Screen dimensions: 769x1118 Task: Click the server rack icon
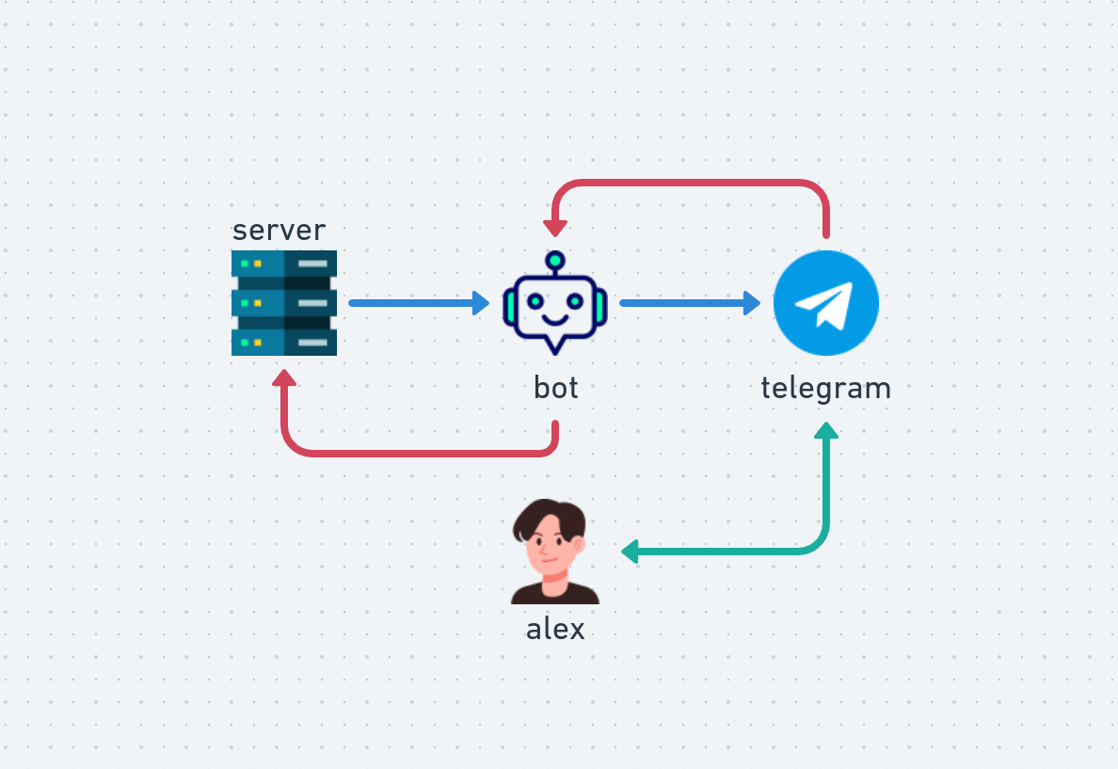[x=283, y=303]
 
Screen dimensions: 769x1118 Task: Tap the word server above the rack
[x=279, y=230]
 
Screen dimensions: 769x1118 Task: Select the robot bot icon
[x=555, y=303]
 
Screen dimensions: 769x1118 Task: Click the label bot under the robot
[x=555, y=387]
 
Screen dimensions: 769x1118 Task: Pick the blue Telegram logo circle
[x=826, y=303]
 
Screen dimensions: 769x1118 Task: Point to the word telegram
[x=825, y=387]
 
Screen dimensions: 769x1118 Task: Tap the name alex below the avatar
[x=555, y=629]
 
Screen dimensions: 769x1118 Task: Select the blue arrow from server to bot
[x=418, y=303]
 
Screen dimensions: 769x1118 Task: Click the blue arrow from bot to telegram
[x=689, y=303]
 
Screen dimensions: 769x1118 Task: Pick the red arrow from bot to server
[x=419, y=453]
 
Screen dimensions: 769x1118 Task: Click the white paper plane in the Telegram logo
[x=825, y=303]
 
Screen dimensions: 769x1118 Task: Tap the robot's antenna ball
[x=555, y=259]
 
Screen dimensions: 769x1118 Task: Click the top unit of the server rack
[x=283, y=264]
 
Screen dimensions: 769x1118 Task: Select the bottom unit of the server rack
[x=283, y=342]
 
